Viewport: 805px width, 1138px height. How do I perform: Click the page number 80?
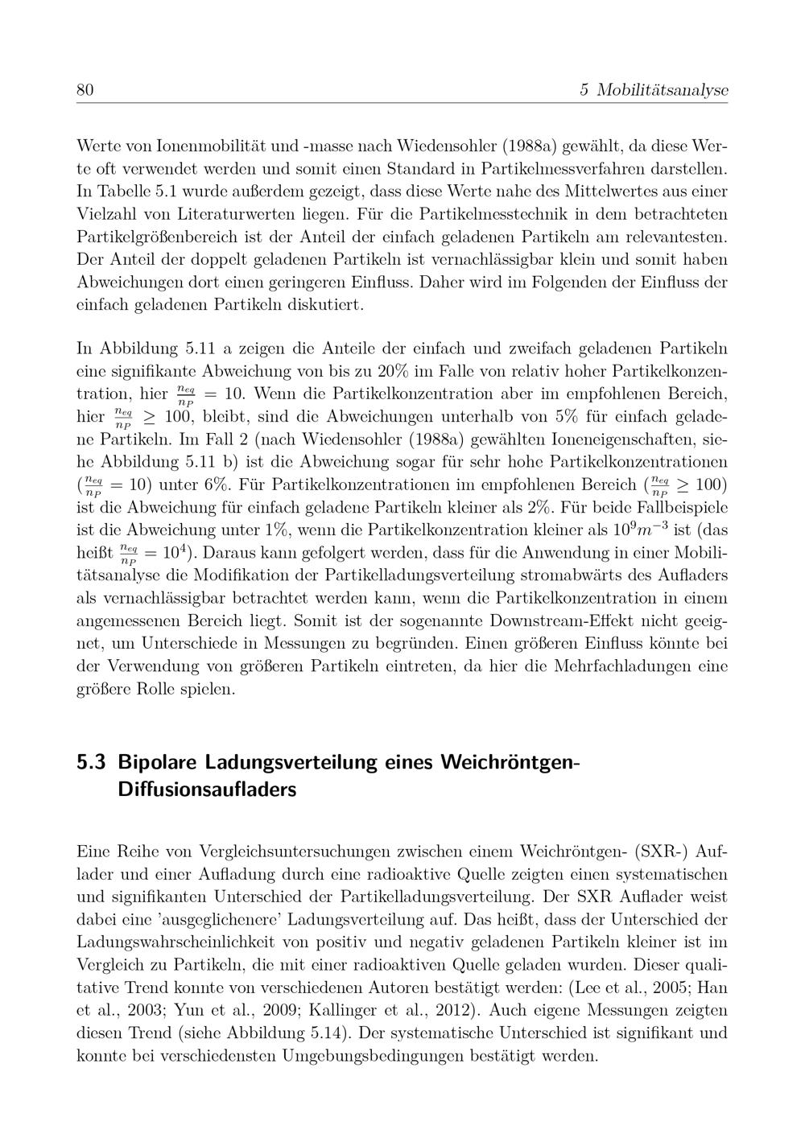click(85, 89)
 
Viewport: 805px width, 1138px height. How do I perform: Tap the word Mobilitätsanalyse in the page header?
click(663, 90)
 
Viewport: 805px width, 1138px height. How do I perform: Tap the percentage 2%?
click(539, 508)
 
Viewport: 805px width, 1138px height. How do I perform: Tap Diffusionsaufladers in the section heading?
click(207, 790)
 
